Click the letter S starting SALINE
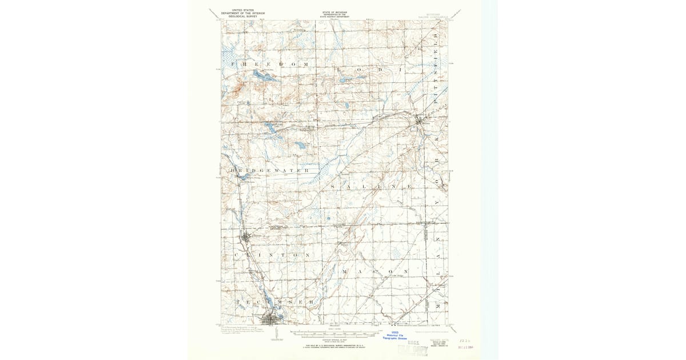[333, 187]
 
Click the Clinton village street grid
[246, 237]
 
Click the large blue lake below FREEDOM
[260, 76]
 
